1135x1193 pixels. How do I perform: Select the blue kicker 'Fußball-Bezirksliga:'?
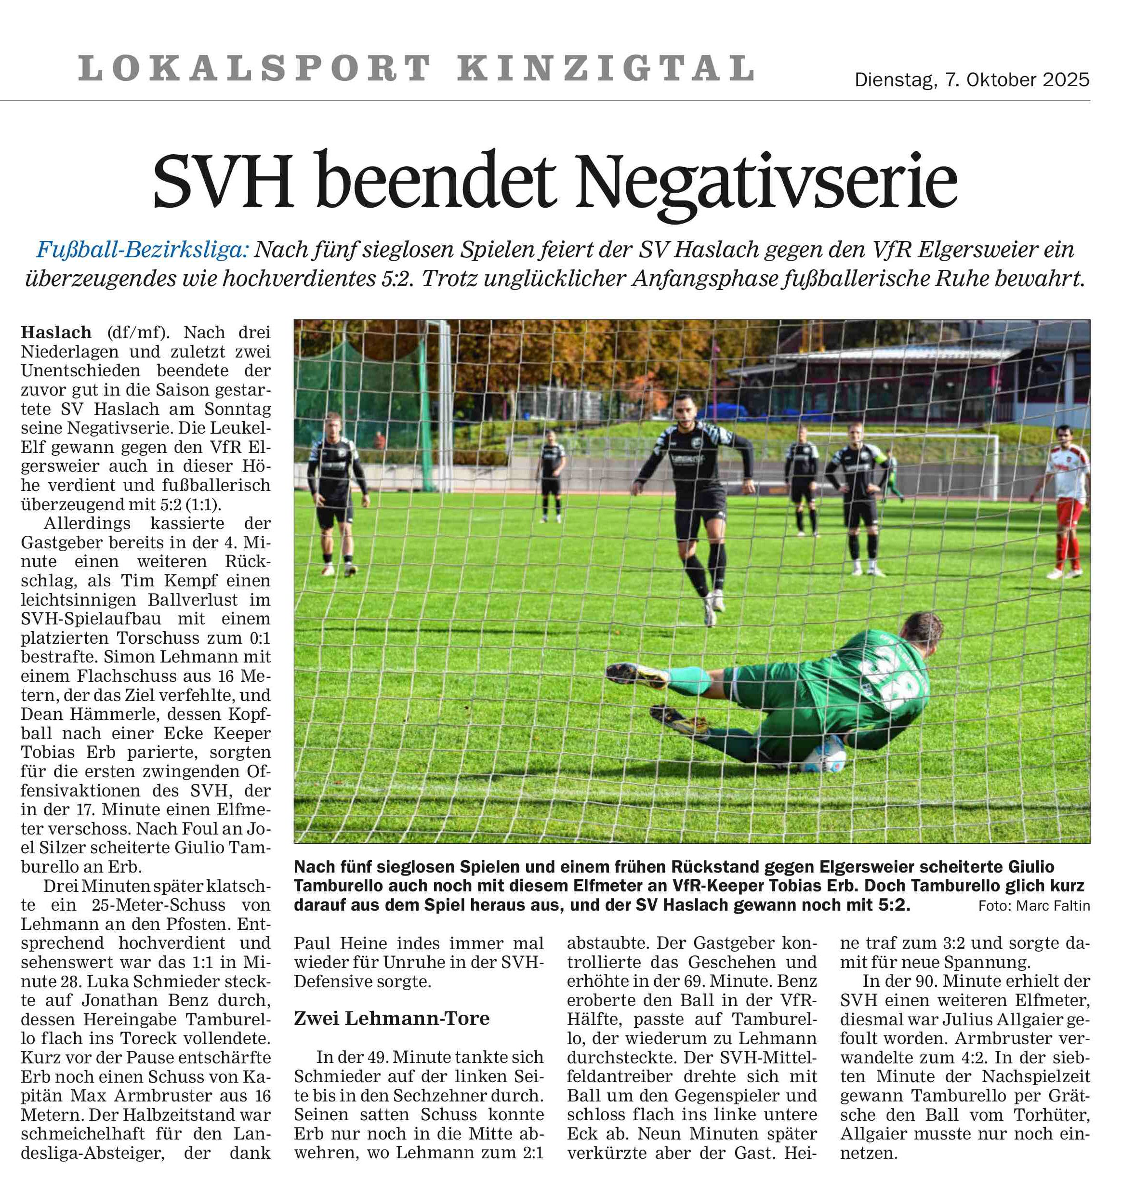pos(143,249)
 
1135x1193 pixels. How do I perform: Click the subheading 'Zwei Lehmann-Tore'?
pos(392,1018)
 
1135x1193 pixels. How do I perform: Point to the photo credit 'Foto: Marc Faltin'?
pos(1034,906)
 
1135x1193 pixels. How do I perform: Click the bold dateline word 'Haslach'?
pos(56,332)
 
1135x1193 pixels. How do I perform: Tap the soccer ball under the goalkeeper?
pos(821,756)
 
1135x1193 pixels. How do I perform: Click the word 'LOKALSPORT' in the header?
pos(254,68)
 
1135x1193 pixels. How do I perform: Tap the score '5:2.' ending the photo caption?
pos(892,906)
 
